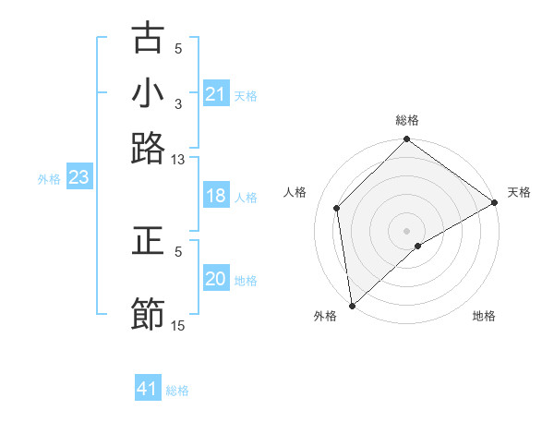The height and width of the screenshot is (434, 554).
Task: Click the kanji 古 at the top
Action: point(148,39)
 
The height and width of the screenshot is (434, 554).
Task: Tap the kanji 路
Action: point(148,147)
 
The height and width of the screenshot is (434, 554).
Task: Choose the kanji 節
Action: point(148,313)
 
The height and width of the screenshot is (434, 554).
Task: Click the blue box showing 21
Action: point(215,94)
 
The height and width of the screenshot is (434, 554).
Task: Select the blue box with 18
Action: point(215,196)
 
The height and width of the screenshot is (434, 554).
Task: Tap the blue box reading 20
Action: point(215,279)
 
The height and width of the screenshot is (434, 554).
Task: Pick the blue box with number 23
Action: point(78,177)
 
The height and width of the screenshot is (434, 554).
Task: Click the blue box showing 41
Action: point(148,389)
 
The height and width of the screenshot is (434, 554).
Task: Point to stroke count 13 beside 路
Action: point(178,160)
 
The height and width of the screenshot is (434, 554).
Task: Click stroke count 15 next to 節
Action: point(178,325)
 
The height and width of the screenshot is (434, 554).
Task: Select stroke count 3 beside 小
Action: point(178,104)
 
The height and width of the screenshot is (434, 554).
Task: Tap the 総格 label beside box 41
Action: point(177,391)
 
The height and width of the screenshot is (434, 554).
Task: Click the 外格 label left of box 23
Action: point(49,179)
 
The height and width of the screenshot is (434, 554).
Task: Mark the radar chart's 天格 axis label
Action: point(519,192)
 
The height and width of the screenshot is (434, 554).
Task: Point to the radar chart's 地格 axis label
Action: point(484,316)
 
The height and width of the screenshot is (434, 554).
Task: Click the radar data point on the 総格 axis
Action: point(407,141)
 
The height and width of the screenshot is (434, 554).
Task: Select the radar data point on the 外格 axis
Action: point(351,306)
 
